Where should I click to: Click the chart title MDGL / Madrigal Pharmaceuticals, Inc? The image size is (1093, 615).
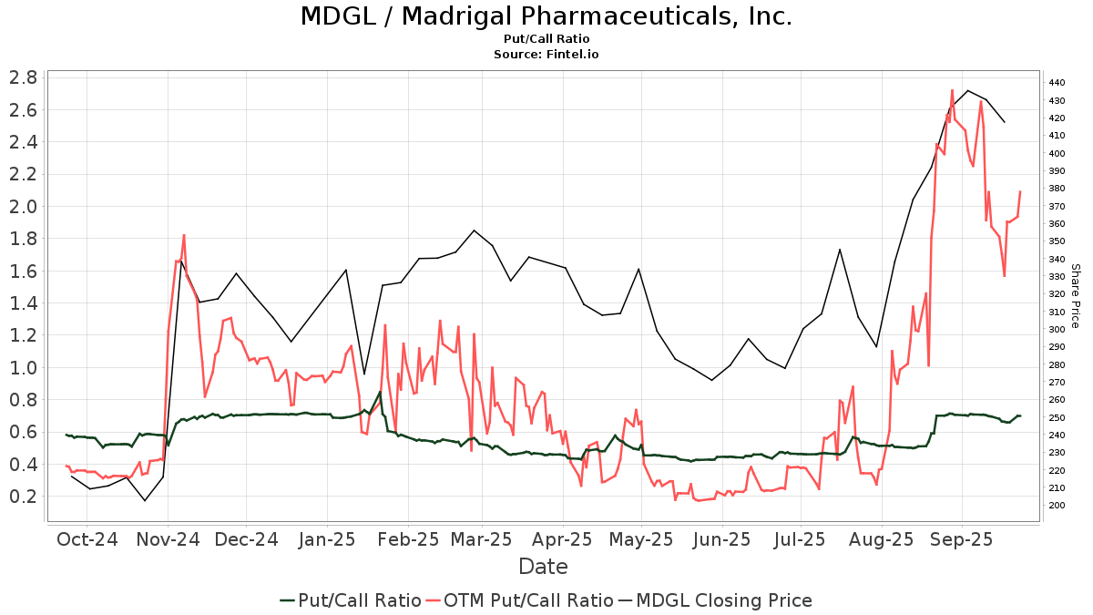(546, 16)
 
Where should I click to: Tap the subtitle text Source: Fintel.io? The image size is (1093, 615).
(546, 54)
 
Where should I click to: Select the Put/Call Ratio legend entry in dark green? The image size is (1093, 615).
(351, 600)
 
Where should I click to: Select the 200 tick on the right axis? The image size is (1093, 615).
(1057, 506)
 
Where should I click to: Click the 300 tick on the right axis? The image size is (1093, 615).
(1057, 330)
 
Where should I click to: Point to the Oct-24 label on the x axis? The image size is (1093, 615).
(87, 539)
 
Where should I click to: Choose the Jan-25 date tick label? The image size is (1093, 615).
(327, 539)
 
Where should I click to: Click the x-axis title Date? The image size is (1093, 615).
(543, 567)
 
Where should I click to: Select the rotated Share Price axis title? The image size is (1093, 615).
(1075, 295)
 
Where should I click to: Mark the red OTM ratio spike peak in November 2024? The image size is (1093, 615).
(184, 235)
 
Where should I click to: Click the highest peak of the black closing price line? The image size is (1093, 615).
(967, 90)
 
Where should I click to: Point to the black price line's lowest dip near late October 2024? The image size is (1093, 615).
(144, 500)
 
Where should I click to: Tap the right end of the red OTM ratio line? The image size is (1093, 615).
(1020, 191)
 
